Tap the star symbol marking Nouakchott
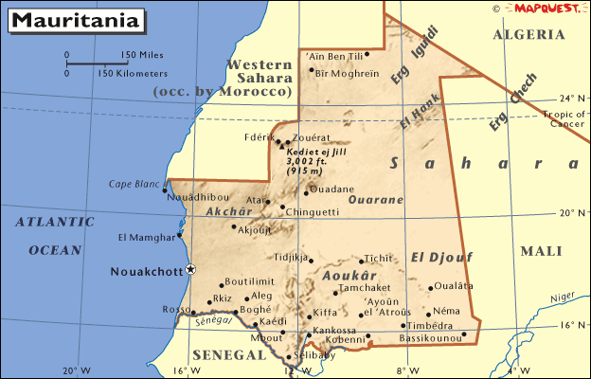pos(190,270)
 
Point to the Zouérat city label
pos(313,137)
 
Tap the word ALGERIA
pos(529,34)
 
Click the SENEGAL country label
pos(229,354)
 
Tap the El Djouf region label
pos(441,256)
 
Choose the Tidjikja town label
pos(291,257)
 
